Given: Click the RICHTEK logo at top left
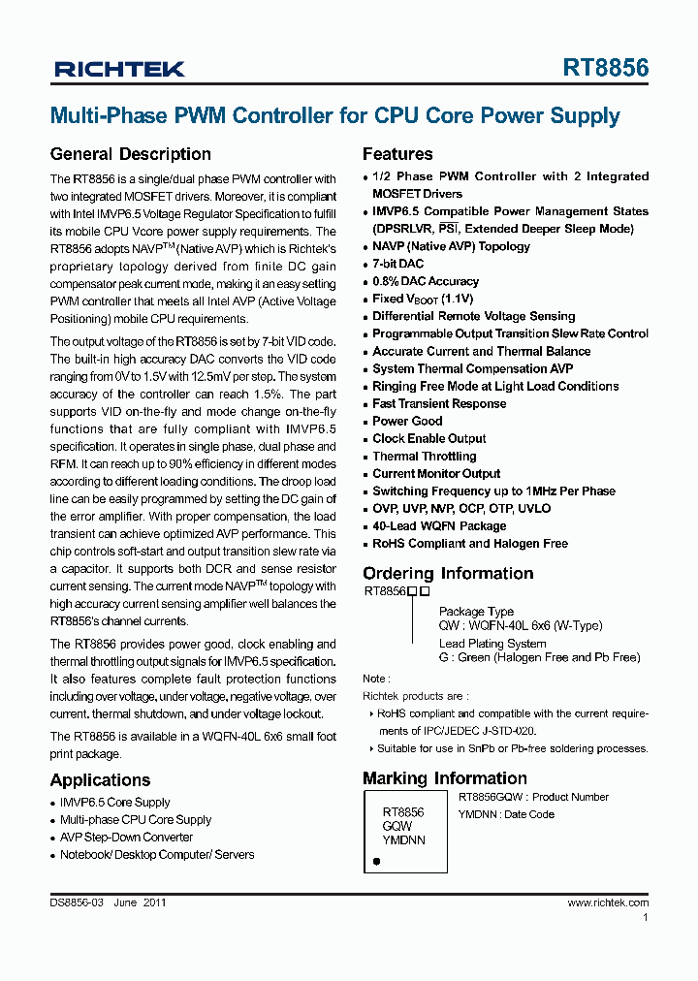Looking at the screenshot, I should tap(119, 69).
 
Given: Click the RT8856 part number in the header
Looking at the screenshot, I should tap(606, 68).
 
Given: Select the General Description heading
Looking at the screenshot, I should tap(130, 154).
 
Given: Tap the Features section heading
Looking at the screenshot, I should tap(397, 154).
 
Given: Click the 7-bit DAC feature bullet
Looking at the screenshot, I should tap(397, 264).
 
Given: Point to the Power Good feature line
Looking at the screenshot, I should tap(407, 421).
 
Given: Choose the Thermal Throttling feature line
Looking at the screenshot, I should tap(424, 456).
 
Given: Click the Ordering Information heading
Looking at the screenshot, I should tap(448, 573).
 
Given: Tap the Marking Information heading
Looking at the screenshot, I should tap(445, 778).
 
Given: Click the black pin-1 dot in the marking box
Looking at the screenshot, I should tap(376, 860).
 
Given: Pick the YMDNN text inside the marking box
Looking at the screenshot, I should tap(403, 840).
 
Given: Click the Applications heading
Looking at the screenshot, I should tap(100, 780).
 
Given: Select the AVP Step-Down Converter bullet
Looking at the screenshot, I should tap(126, 837).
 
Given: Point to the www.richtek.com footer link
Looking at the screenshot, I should tap(608, 902).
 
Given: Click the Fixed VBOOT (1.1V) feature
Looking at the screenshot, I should tap(423, 299).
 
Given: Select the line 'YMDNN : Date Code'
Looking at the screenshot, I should tap(506, 814).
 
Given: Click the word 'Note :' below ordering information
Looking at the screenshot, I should tap(376, 679).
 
